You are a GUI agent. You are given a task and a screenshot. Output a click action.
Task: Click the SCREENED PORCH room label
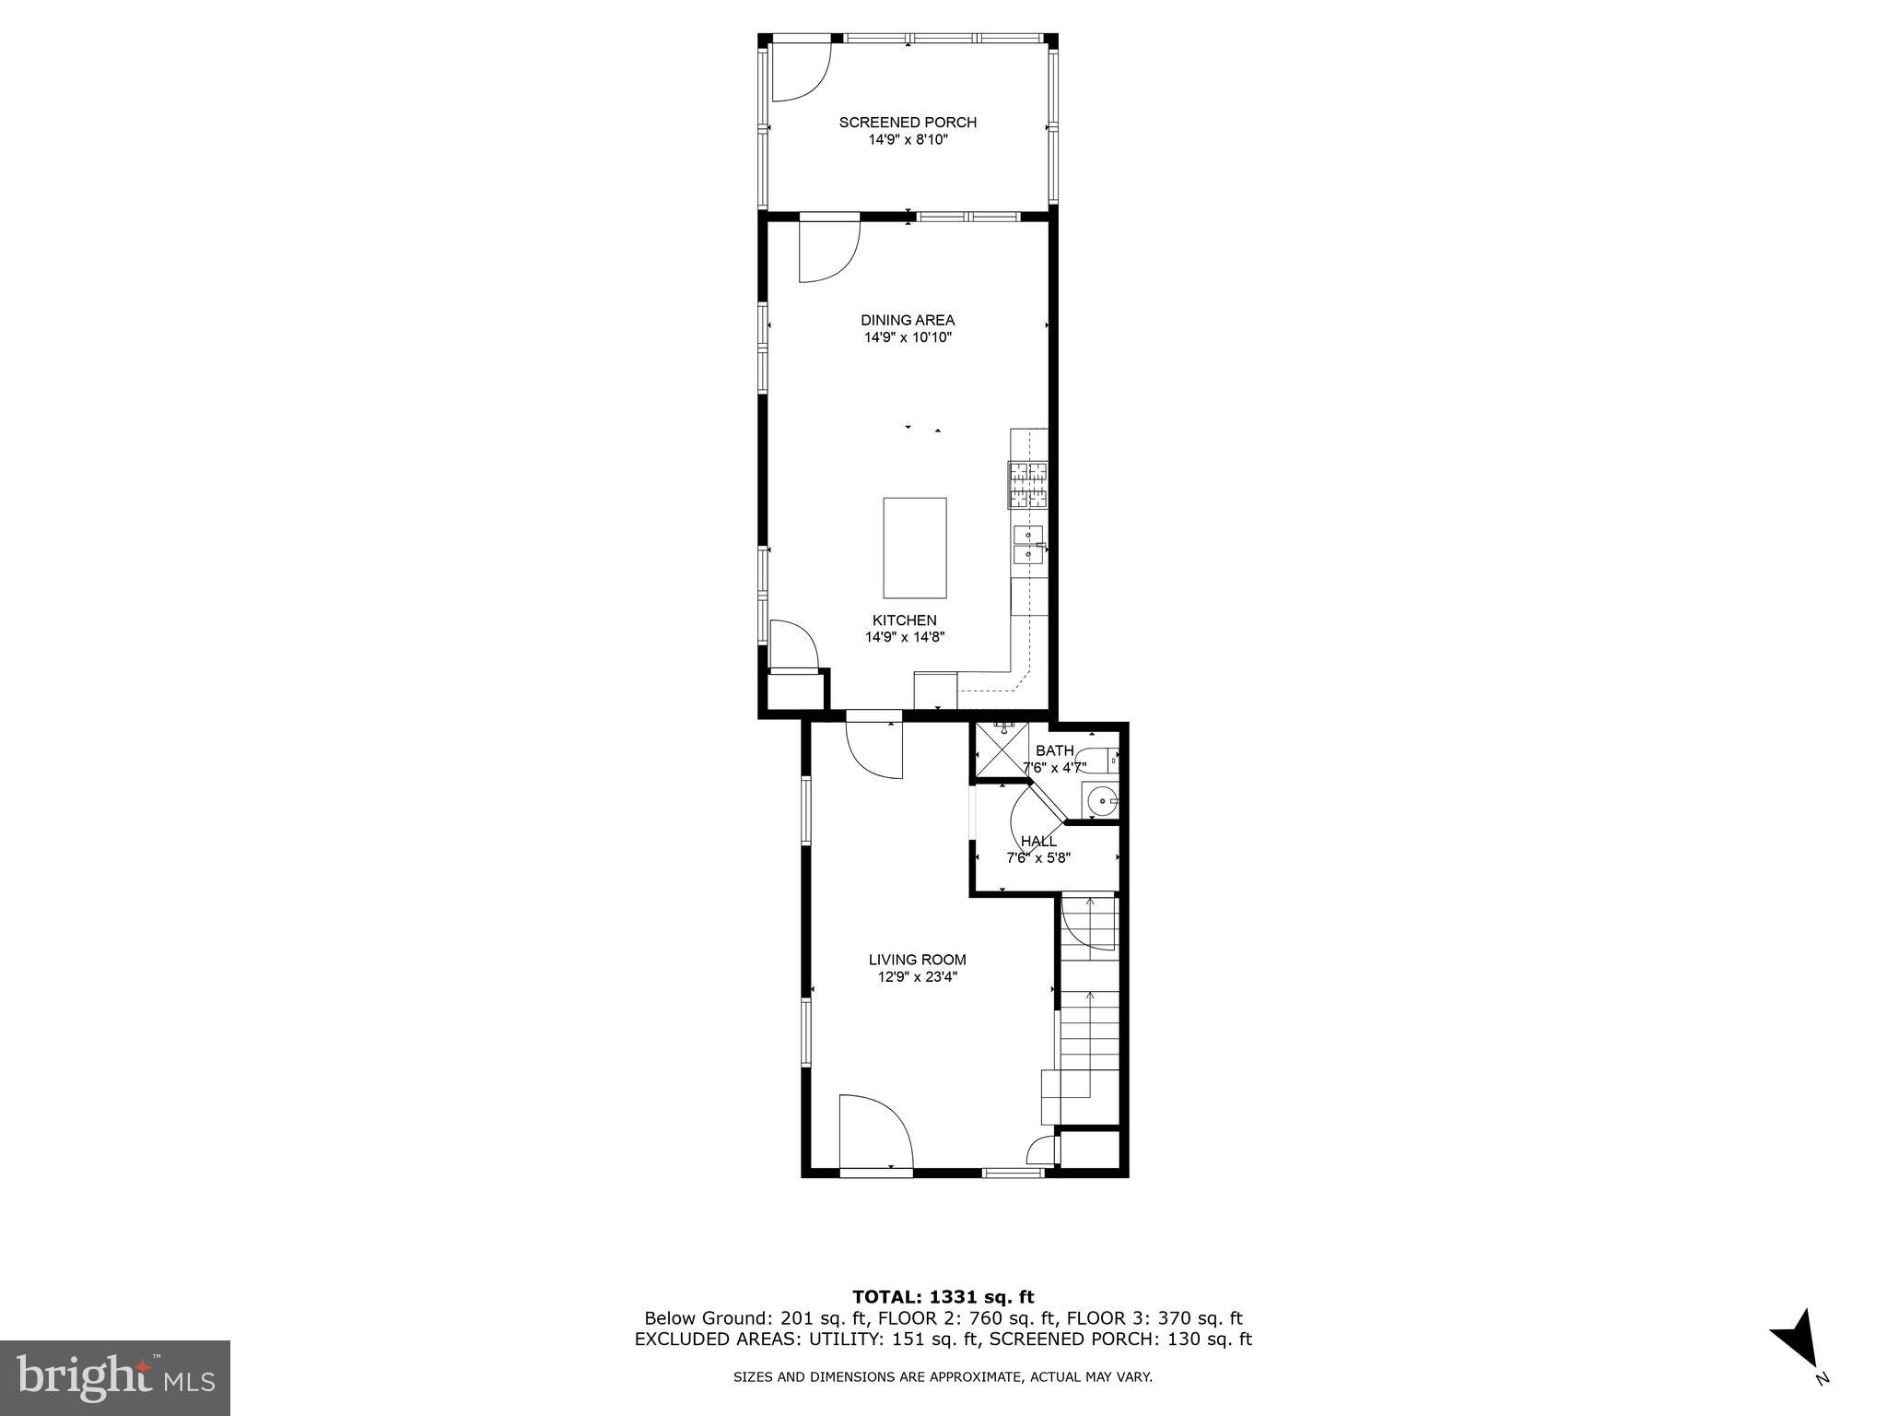pos(908,123)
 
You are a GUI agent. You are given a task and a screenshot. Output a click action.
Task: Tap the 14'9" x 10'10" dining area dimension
pos(908,338)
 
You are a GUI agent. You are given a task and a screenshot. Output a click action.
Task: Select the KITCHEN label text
pos(905,620)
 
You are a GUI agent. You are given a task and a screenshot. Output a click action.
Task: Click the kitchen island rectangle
pos(914,548)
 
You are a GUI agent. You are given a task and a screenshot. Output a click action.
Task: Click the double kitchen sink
pos(1028,544)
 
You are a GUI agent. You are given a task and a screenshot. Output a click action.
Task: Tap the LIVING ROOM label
pos(917,960)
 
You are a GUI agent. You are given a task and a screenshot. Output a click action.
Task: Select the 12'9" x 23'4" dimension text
pos(917,977)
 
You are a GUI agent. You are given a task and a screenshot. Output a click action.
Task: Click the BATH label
pos(1054,750)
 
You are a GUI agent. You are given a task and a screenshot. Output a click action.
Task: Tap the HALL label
pos(1038,842)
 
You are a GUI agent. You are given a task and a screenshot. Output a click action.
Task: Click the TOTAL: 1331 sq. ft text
pos(943,1297)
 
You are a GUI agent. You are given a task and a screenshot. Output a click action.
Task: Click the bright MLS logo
pos(114,1377)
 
